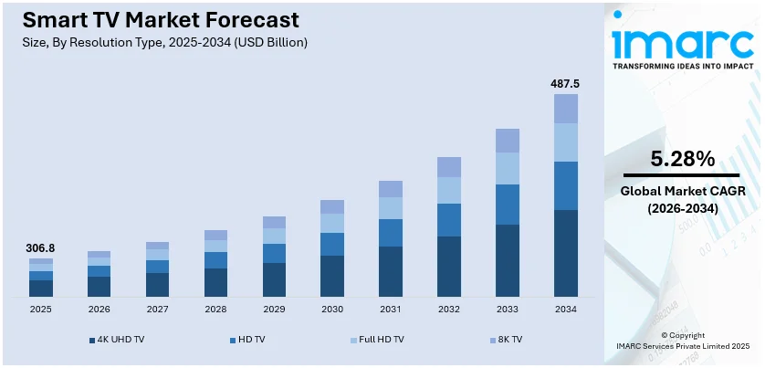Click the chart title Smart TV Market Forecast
pyautogui.click(x=151, y=19)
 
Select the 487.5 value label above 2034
pyautogui.click(x=565, y=84)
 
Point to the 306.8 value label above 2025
pyautogui.click(x=40, y=247)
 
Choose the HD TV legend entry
pyautogui.click(x=251, y=340)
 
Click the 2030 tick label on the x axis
pyautogui.click(x=332, y=309)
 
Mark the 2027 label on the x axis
pyautogui.click(x=157, y=309)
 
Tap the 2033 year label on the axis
pyautogui.click(x=508, y=309)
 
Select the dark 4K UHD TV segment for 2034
pyautogui.click(x=566, y=253)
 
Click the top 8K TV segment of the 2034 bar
pyautogui.click(x=566, y=109)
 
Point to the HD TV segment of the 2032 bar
pyautogui.click(x=449, y=220)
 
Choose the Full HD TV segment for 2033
pyautogui.click(x=508, y=168)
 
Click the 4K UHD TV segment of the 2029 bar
pyautogui.click(x=274, y=279)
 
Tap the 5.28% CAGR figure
pyautogui.click(x=682, y=159)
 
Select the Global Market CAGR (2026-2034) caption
pyautogui.click(x=682, y=200)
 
